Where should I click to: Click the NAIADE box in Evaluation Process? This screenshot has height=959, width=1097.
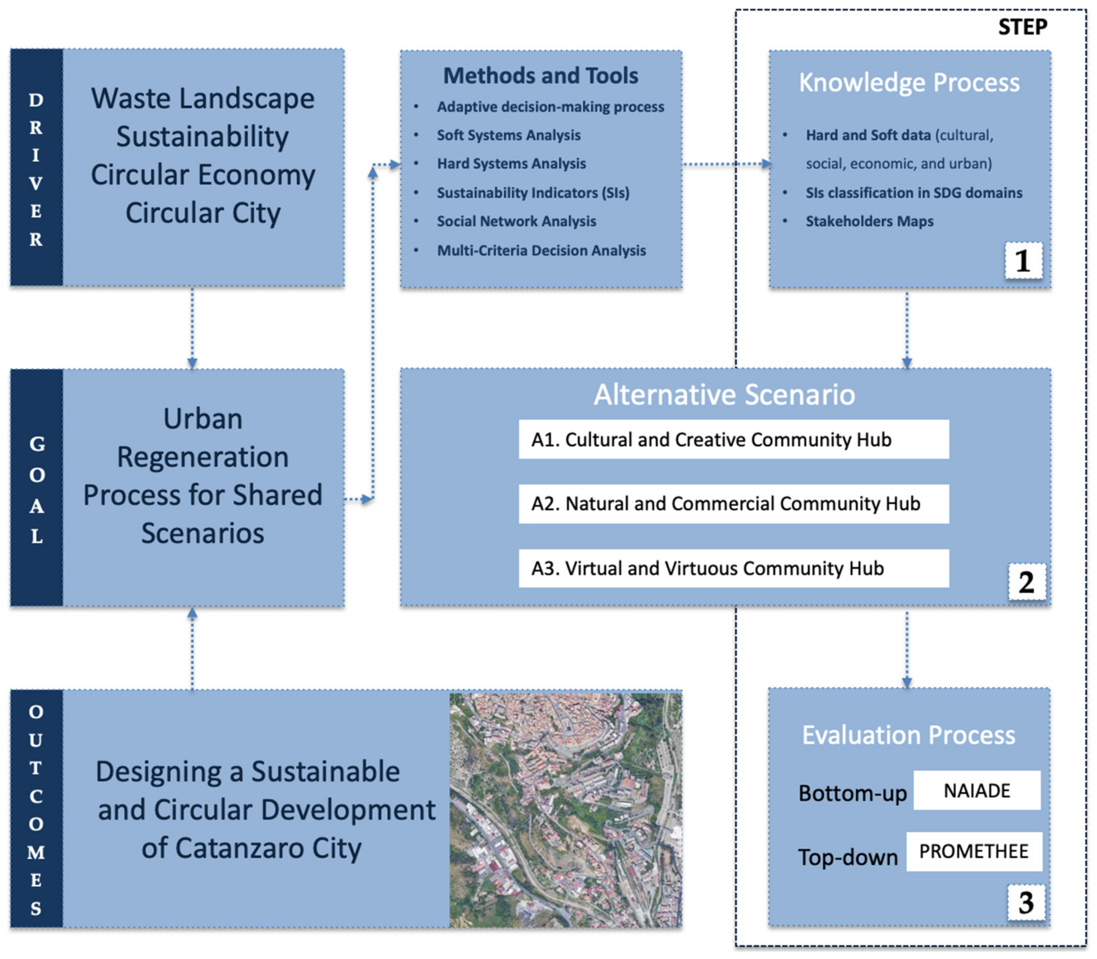coord(977,790)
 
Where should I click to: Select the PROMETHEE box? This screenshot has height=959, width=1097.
coord(974,851)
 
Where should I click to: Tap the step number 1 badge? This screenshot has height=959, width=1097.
coord(1023,261)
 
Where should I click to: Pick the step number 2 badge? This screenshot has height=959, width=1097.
coord(1026,582)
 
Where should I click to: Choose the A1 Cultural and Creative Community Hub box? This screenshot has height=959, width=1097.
coord(733,439)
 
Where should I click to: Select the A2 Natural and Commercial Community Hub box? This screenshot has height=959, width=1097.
coord(733,504)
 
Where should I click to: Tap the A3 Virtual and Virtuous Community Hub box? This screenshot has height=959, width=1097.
coord(733,568)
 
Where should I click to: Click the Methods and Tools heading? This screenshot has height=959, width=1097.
coord(541,75)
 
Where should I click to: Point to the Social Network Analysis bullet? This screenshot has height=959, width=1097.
coord(516,221)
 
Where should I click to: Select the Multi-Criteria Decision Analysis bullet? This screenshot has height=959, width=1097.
coord(541,250)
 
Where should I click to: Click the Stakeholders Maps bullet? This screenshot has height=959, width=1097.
coord(870,221)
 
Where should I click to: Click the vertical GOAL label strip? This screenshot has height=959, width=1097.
coord(36,488)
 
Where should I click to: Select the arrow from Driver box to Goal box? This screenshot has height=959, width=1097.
coord(192,328)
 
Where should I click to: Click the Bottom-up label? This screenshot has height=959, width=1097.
coord(852,793)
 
